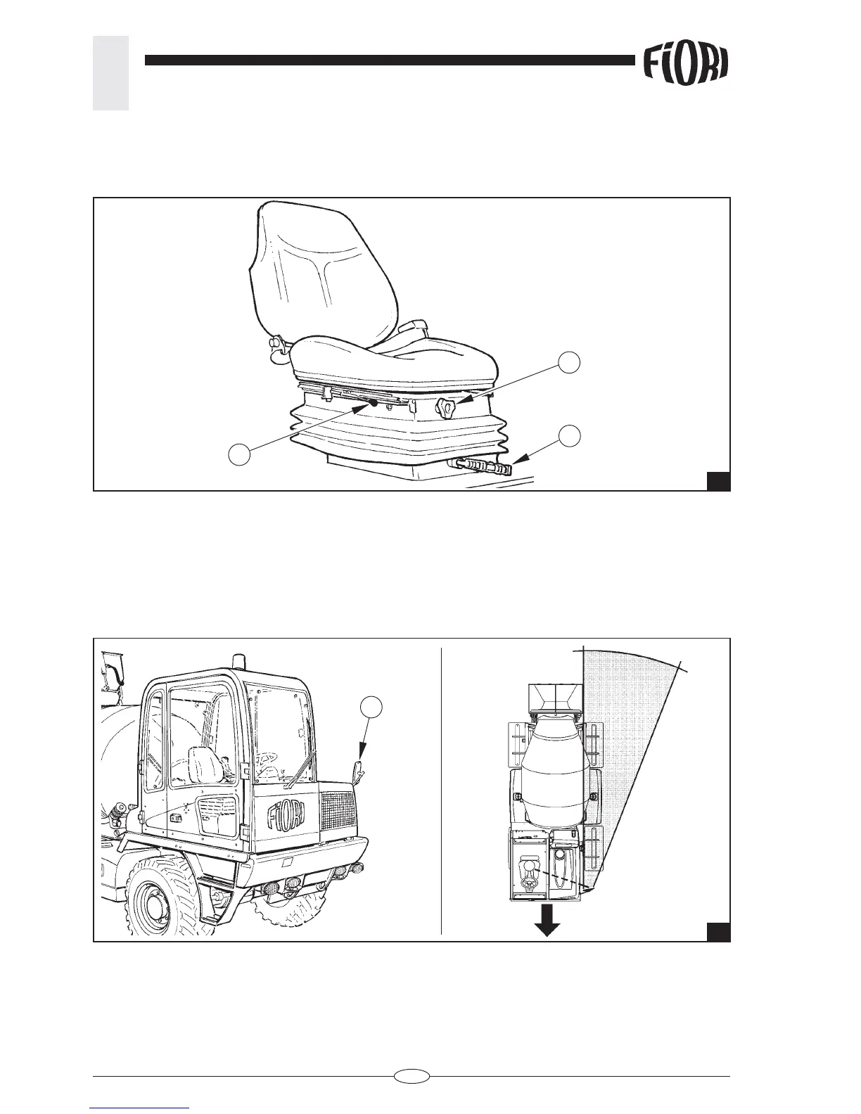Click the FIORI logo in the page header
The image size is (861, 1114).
tap(685, 65)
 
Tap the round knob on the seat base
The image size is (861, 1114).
tap(447, 406)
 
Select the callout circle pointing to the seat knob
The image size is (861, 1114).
tap(570, 362)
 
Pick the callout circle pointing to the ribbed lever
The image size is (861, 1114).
tap(570, 435)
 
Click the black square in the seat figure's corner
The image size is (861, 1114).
tap(717, 481)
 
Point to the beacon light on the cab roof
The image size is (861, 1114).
tap(238, 661)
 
